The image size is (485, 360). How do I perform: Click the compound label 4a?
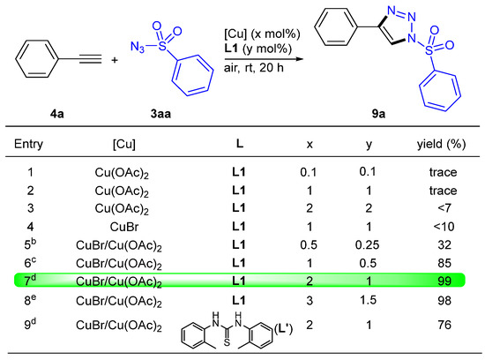(x=57, y=114)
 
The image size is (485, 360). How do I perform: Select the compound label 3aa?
(x=160, y=114)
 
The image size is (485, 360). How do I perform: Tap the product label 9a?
(x=378, y=114)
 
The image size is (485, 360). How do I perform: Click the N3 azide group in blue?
(x=137, y=47)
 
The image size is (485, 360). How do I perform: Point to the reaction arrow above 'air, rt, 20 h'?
(x=264, y=59)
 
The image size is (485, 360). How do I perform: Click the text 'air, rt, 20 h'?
(x=254, y=67)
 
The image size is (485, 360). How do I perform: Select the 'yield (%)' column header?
(x=441, y=144)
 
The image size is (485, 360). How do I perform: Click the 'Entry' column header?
(x=28, y=144)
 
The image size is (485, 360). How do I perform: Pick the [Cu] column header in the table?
(x=124, y=144)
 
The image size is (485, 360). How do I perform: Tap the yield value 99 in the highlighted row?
(x=444, y=281)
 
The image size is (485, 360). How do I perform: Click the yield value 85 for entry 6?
(x=444, y=263)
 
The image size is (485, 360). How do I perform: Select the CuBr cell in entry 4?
(x=124, y=227)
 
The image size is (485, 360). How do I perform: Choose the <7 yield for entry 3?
(x=444, y=208)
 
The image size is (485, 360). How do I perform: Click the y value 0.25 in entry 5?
(x=367, y=244)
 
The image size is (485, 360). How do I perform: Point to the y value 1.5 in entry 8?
(x=368, y=300)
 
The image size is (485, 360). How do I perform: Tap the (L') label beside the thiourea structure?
(x=283, y=329)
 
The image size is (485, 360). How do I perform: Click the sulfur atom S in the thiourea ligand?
(x=227, y=342)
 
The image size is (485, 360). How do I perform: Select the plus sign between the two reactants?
(x=115, y=60)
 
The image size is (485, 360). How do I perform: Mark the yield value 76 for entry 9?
(x=444, y=325)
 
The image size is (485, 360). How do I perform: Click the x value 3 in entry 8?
(x=310, y=300)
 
